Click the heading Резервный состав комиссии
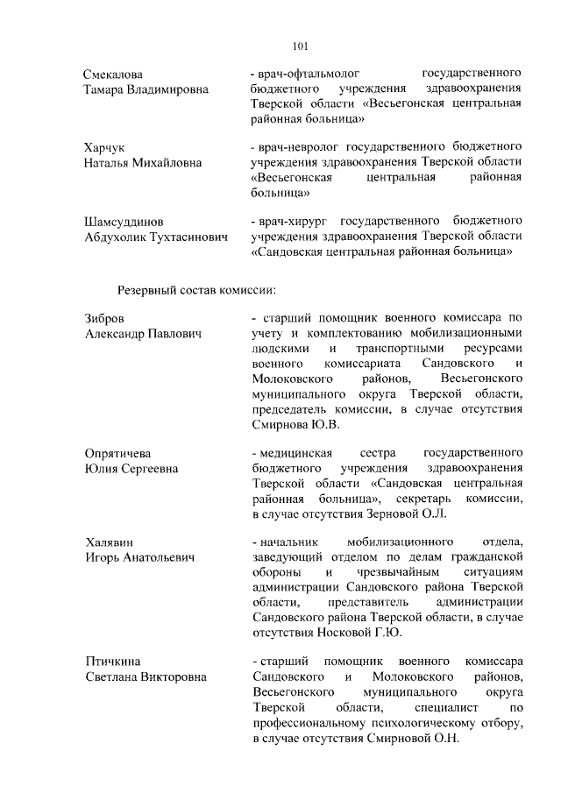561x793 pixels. pyautogui.click(x=197, y=288)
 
